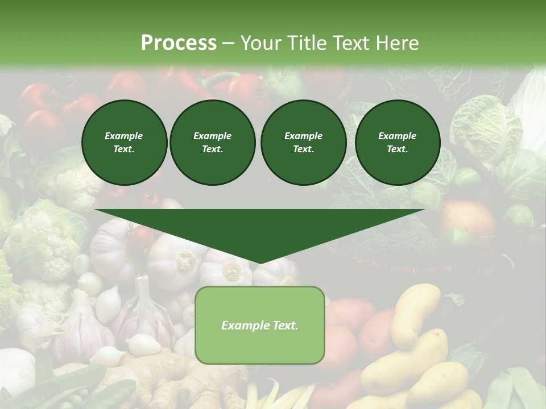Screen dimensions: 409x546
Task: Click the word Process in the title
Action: (x=179, y=43)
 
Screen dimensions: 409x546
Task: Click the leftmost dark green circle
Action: (x=124, y=143)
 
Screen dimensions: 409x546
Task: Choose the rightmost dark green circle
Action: (x=398, y=143)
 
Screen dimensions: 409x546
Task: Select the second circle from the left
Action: (x=212, y=143)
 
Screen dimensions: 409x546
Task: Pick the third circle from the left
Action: (x=303, y=143)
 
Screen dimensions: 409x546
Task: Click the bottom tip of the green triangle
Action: (x=260, y=262)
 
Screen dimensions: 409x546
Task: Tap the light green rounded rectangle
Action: (x=260, y=341)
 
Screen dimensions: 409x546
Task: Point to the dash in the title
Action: (x=228, y=43)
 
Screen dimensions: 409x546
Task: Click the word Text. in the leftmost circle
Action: (x=124, y=149)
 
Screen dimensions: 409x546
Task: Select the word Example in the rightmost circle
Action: (x=398, y=136)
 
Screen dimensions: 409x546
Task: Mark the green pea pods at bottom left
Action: (x=85, y=386)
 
